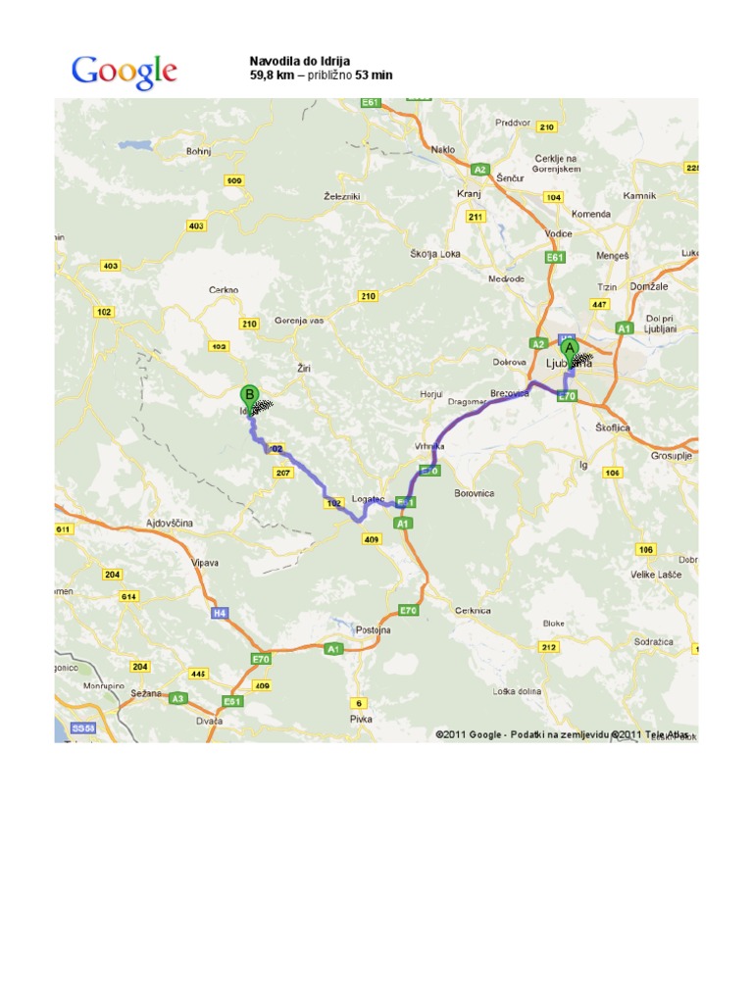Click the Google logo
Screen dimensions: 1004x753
coord(124,71)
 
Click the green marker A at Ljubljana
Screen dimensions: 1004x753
coord(569,347)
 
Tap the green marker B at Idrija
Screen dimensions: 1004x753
coord(250,395)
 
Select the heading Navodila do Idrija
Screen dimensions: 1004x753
coord(299,61)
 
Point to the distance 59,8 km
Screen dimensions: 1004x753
coord(272,75)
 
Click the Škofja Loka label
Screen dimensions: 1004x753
coord(435,253)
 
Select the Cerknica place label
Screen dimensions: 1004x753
coord(474,609)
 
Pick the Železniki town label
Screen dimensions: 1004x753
coord(342,196)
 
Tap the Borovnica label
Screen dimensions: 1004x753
coord(475,493)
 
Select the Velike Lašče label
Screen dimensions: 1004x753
coord(656,575)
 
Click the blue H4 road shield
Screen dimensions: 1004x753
coord(219,612)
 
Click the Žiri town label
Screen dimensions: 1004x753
coord(302,369)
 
